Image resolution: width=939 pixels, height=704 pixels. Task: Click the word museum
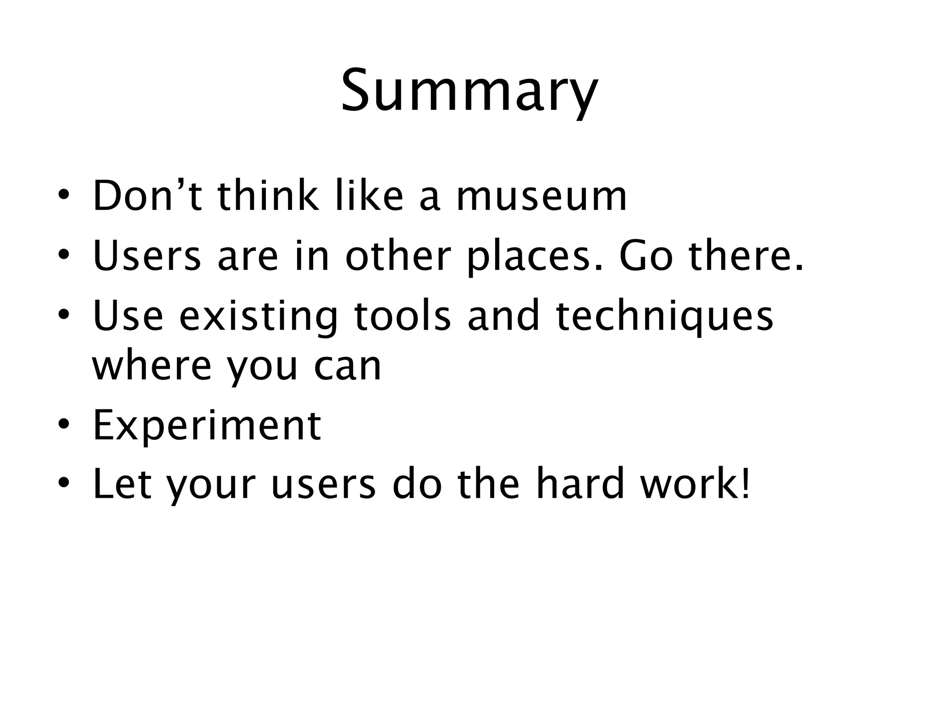pyautogui.click(x=541, y=197)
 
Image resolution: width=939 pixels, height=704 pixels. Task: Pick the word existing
pyautogui.click(x=259, y=317)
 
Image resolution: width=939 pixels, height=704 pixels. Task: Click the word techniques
pyautogui.click(x=665, y=317)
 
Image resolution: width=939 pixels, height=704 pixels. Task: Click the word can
pyautogui.click(x=348, y=367)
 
